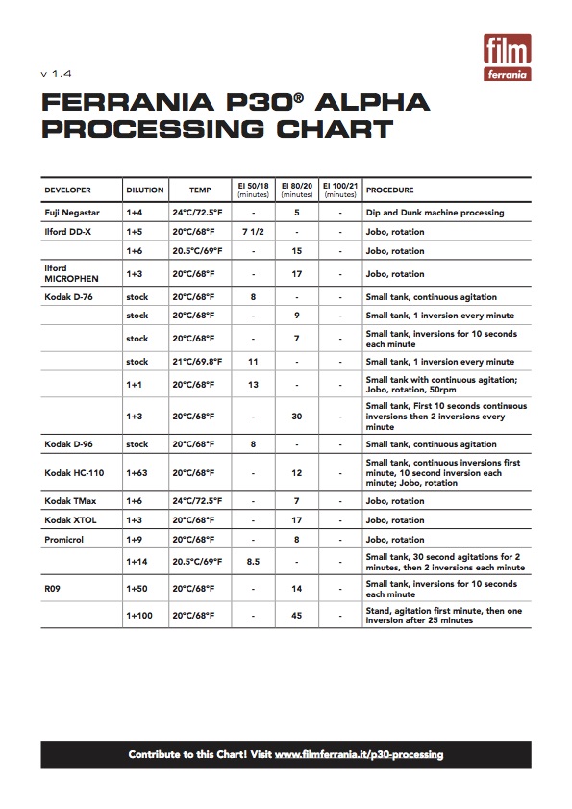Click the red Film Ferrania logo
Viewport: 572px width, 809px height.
(x=507, y=57)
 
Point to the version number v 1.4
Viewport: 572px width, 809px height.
(x=56, y=74)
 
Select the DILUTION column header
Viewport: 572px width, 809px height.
(x=145, y=190)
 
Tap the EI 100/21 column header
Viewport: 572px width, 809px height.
(x=340, y=190)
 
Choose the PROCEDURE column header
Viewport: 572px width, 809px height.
(x=390, y=190)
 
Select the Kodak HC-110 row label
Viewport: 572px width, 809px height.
(x=74, y=473)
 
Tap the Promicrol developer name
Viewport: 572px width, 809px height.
(x=65, y=540)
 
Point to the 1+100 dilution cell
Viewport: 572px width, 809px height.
(x=142, y=615)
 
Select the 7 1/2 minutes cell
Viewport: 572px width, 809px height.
(x=253, y=232)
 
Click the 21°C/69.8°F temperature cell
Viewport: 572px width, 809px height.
(x=198, y=362)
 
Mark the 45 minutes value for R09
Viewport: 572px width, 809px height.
(x=297, y=615)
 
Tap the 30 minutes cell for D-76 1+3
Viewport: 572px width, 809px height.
(x=297, y=416)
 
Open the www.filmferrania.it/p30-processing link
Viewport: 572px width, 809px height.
(x=359, y=755)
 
